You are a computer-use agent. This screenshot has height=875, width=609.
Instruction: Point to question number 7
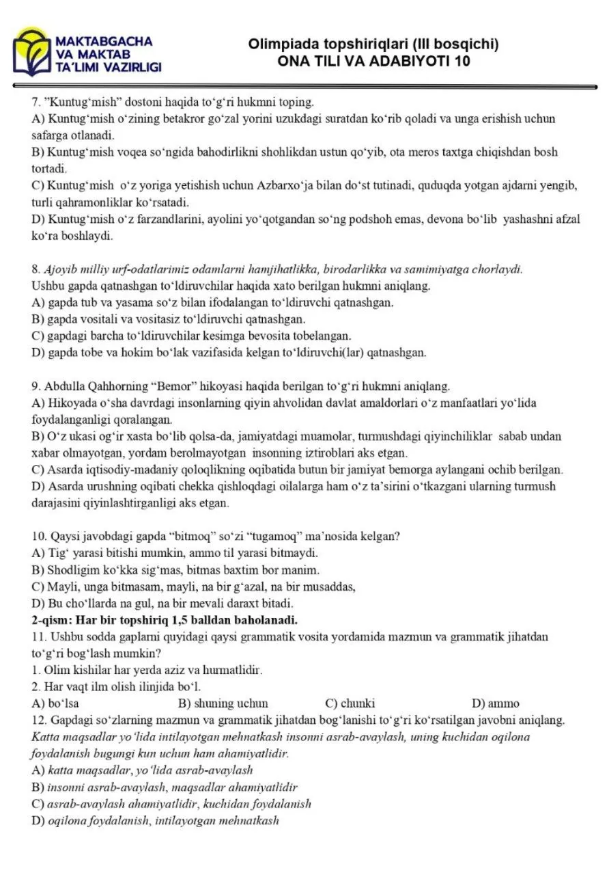pyautogui.click(x=36, y=103)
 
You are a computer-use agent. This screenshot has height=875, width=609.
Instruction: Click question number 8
pyautogui.click(x=36, y=269)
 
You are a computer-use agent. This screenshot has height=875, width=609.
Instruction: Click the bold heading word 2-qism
pyautogui.click(x=52, y=620)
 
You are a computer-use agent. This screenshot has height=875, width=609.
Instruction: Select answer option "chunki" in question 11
pyautogui.click(x=359, y=703)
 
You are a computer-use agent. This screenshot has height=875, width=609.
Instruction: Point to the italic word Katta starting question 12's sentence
pyautogui.click(x=46, y=737)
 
